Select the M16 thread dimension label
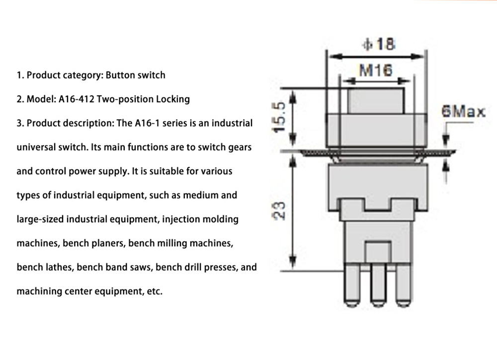[x=376, y=71]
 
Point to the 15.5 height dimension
[x=279, y=117]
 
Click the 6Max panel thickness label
[x=464, y=111]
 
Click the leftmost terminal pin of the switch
[x=352, y=288]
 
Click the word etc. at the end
[x=155, y=291]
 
